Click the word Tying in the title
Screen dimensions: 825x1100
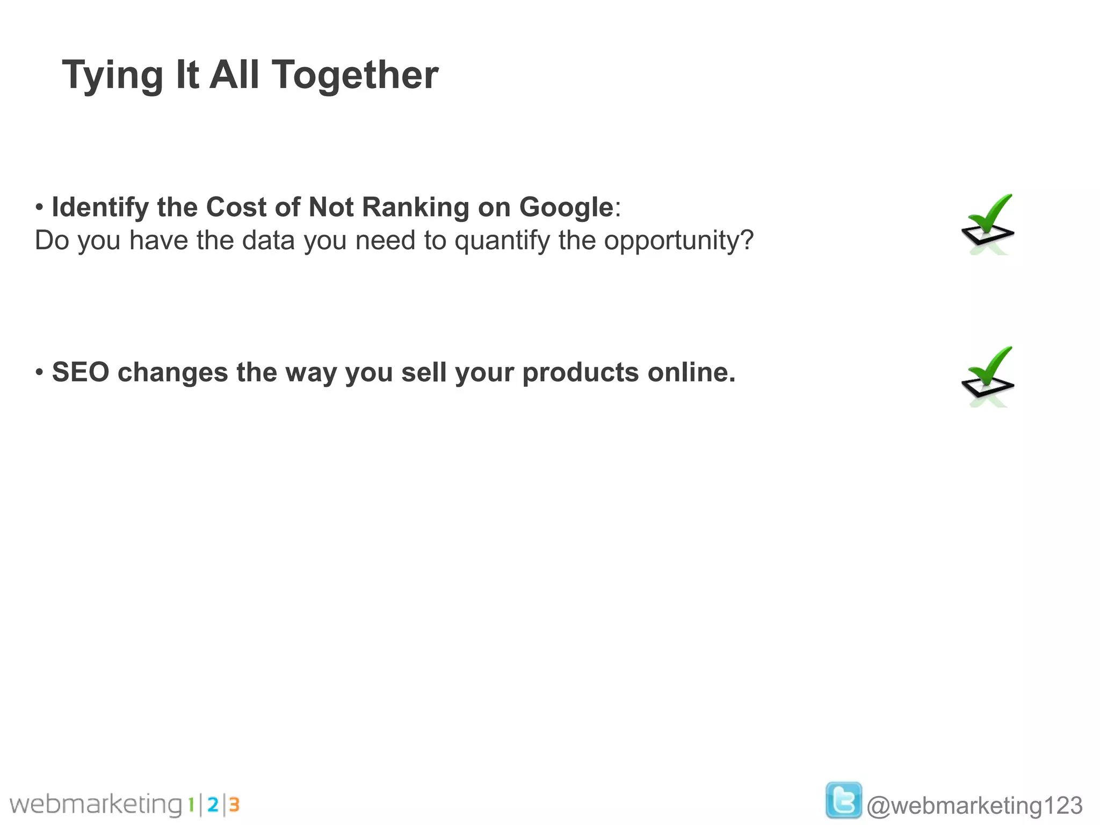pyautogui.click(x=112, y=75)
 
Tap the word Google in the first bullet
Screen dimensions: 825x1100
pyautogui.click(x=566, y=207)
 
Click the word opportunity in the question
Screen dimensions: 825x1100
pyautogui.click(x=678, y=241)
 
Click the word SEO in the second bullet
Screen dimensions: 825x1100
pyautogui.click(x=81, y=372)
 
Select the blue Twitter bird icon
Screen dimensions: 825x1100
pyautogui.click(x=843, y=800)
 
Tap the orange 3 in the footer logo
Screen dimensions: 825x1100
pyautogui.click(x=234, y=805)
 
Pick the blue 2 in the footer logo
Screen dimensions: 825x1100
pyautogui.click(x=213, y=805)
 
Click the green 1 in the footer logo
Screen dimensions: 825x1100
pyautogui.click(x=191, y=805)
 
